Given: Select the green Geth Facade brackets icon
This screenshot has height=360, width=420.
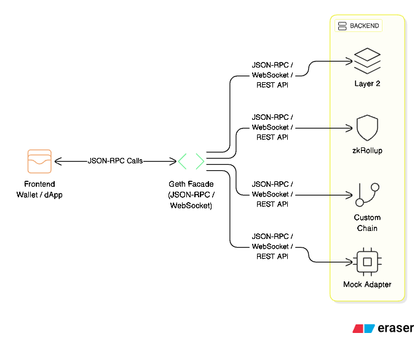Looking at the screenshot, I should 191,162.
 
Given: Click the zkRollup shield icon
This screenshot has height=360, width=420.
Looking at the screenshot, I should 367,128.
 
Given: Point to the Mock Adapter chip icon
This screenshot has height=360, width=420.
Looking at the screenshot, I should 367,262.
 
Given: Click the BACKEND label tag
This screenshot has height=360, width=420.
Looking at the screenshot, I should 359,26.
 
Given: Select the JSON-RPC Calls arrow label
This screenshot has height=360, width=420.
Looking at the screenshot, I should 115,161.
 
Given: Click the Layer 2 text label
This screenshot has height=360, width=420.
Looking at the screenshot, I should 367,84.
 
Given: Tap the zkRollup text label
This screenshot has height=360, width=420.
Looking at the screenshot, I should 367,151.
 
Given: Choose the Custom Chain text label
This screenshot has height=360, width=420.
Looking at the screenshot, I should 367,222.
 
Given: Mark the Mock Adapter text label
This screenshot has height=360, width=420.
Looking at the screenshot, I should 367,284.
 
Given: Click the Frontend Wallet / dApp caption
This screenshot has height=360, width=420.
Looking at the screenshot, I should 39,189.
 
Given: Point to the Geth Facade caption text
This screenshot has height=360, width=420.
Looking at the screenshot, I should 191,195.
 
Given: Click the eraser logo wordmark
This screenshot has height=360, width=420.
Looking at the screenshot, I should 383,329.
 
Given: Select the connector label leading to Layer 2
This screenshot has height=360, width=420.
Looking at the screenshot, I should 272,75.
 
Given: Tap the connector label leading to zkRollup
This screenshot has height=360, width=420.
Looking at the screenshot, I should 272,127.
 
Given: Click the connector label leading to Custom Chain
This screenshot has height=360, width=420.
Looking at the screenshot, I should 272,194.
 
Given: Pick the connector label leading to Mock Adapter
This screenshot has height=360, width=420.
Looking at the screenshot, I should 272,246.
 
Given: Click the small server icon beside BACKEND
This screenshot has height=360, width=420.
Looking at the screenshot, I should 342,26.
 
